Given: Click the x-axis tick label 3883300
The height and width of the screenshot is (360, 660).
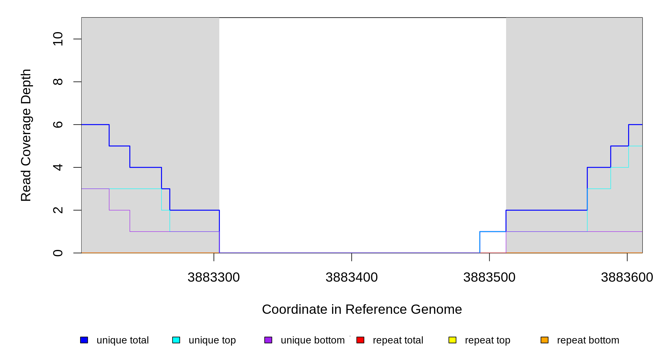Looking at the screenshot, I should click(214, 277).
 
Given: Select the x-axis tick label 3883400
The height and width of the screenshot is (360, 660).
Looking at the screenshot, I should click(352, 277).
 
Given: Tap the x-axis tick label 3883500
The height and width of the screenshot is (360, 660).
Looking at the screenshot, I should click(489, 277).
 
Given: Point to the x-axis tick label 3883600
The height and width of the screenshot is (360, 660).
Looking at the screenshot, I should click(627, 277).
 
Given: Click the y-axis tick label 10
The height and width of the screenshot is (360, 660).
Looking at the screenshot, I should click(58, 39).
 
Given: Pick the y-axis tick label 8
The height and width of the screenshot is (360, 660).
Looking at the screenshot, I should click(58, 82).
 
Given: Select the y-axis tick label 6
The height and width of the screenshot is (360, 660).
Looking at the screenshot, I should click(58, 124).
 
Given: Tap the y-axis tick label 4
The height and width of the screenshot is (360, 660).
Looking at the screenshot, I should click(58, 167).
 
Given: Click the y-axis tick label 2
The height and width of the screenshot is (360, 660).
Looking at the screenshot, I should click(58, 210).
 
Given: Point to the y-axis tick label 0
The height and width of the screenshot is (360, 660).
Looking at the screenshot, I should click(58, 253).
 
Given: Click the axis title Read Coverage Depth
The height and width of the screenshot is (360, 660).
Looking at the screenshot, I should click(26, 135).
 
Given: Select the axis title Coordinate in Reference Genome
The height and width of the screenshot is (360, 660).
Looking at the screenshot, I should click(362, 309).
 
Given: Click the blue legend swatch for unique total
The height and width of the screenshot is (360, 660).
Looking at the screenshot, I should click(84, 340).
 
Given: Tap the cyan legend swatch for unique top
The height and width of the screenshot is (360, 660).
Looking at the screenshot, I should click(176, 340).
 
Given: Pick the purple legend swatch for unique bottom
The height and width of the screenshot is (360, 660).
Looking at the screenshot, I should click(268, 340).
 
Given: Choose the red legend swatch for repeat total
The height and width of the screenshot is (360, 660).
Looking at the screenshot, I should click(360, 340).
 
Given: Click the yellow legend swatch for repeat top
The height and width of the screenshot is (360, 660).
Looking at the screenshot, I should click(452, 340).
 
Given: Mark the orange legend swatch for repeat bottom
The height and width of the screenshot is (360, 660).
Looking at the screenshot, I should click(544, 340).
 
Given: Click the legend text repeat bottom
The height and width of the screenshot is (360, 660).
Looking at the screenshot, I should click(588, 340).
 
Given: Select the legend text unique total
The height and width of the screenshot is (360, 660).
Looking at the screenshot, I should click(122, 340).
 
